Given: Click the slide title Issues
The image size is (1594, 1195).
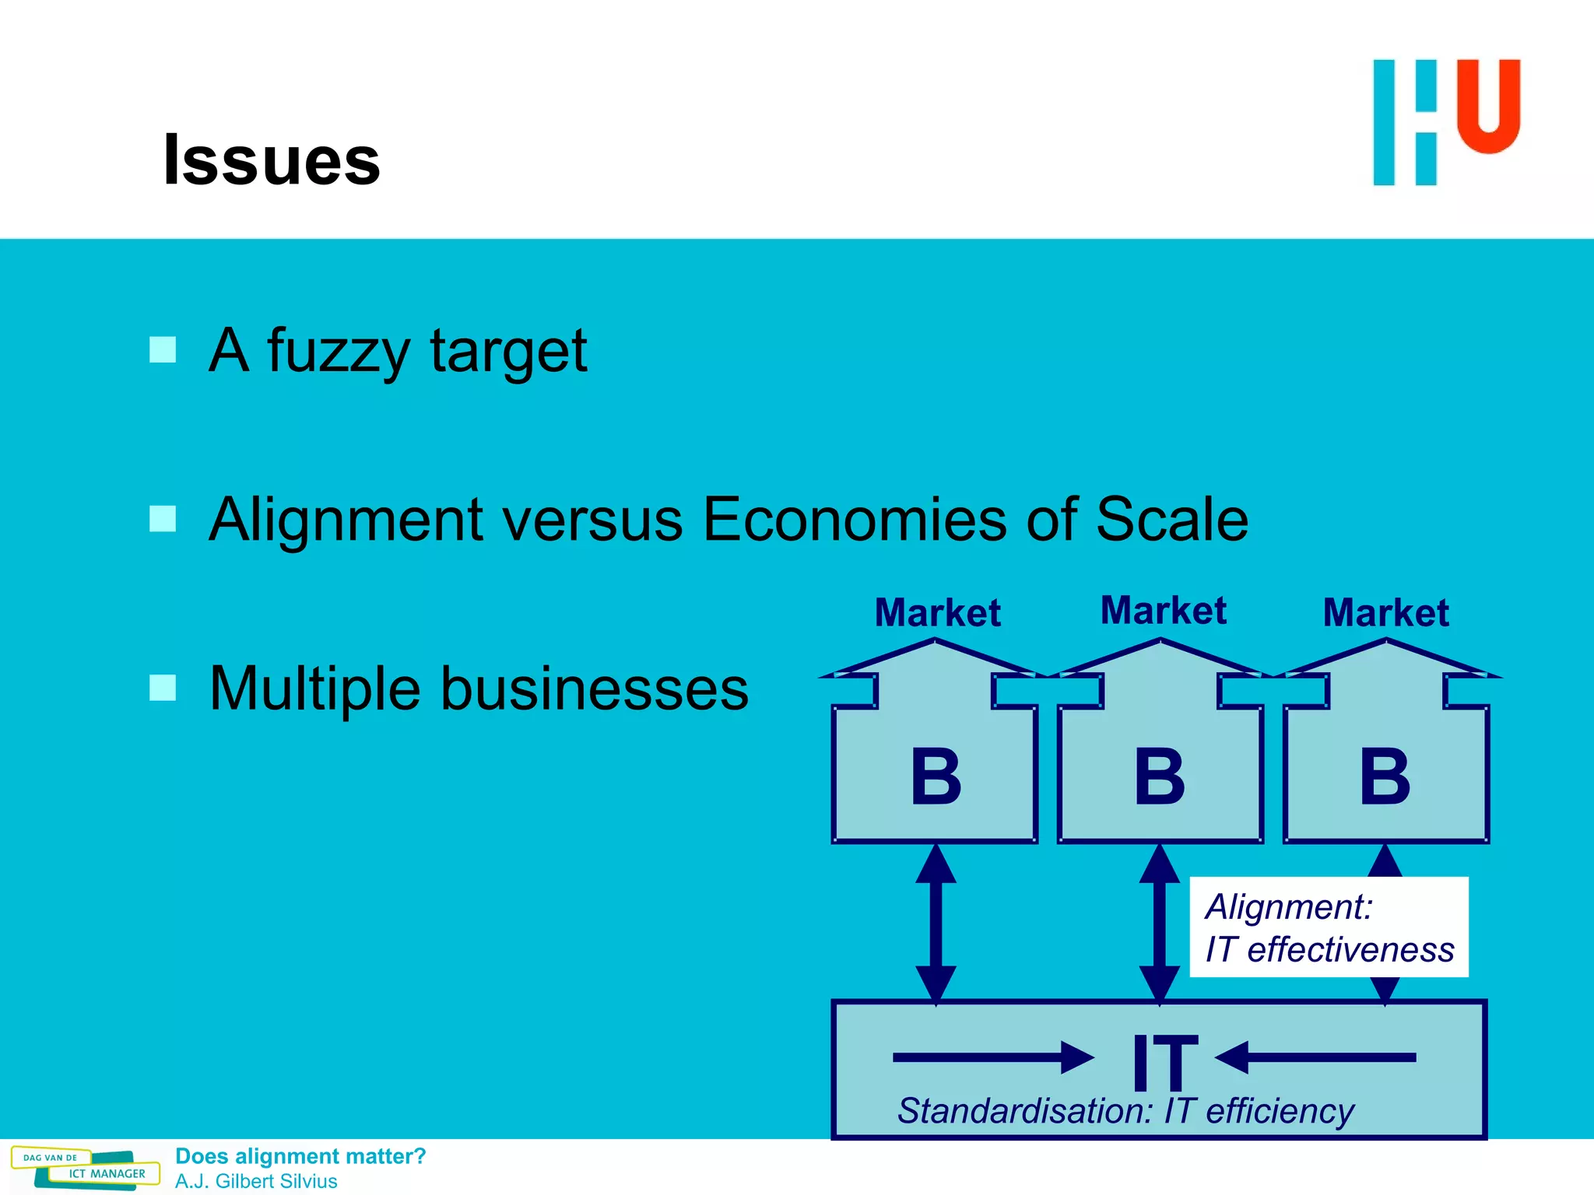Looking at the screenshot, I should [x=272, y=160].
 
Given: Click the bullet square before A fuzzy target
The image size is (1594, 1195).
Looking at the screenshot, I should [x=163, y=349].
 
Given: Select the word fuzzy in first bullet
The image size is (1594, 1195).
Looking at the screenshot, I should [x=338, y=352].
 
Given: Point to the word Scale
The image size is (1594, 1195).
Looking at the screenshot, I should [x=1171, y=519].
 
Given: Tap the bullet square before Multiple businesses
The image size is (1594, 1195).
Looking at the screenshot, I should [x=163, y=688].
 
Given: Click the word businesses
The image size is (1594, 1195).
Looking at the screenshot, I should [x=594, y=689].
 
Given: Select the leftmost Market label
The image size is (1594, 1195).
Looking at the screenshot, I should [x=937, y=612].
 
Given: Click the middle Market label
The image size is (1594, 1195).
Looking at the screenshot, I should [x=1163, y=610].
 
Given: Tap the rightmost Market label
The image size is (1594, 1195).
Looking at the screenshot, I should [x=1385, y=612].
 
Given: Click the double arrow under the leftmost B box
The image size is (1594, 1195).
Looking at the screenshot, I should [x=936, y=924].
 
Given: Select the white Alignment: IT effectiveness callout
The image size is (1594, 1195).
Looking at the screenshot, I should [x=1329, y=927].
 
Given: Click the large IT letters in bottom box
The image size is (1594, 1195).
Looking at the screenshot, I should [x=1164, y=1062].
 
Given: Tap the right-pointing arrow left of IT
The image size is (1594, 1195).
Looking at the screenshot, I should [x=992, y=1057].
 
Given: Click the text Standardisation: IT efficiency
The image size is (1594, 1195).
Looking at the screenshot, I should [x=1125, y=1110].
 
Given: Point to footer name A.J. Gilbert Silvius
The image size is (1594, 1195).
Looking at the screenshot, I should [x=256, y=1181].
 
